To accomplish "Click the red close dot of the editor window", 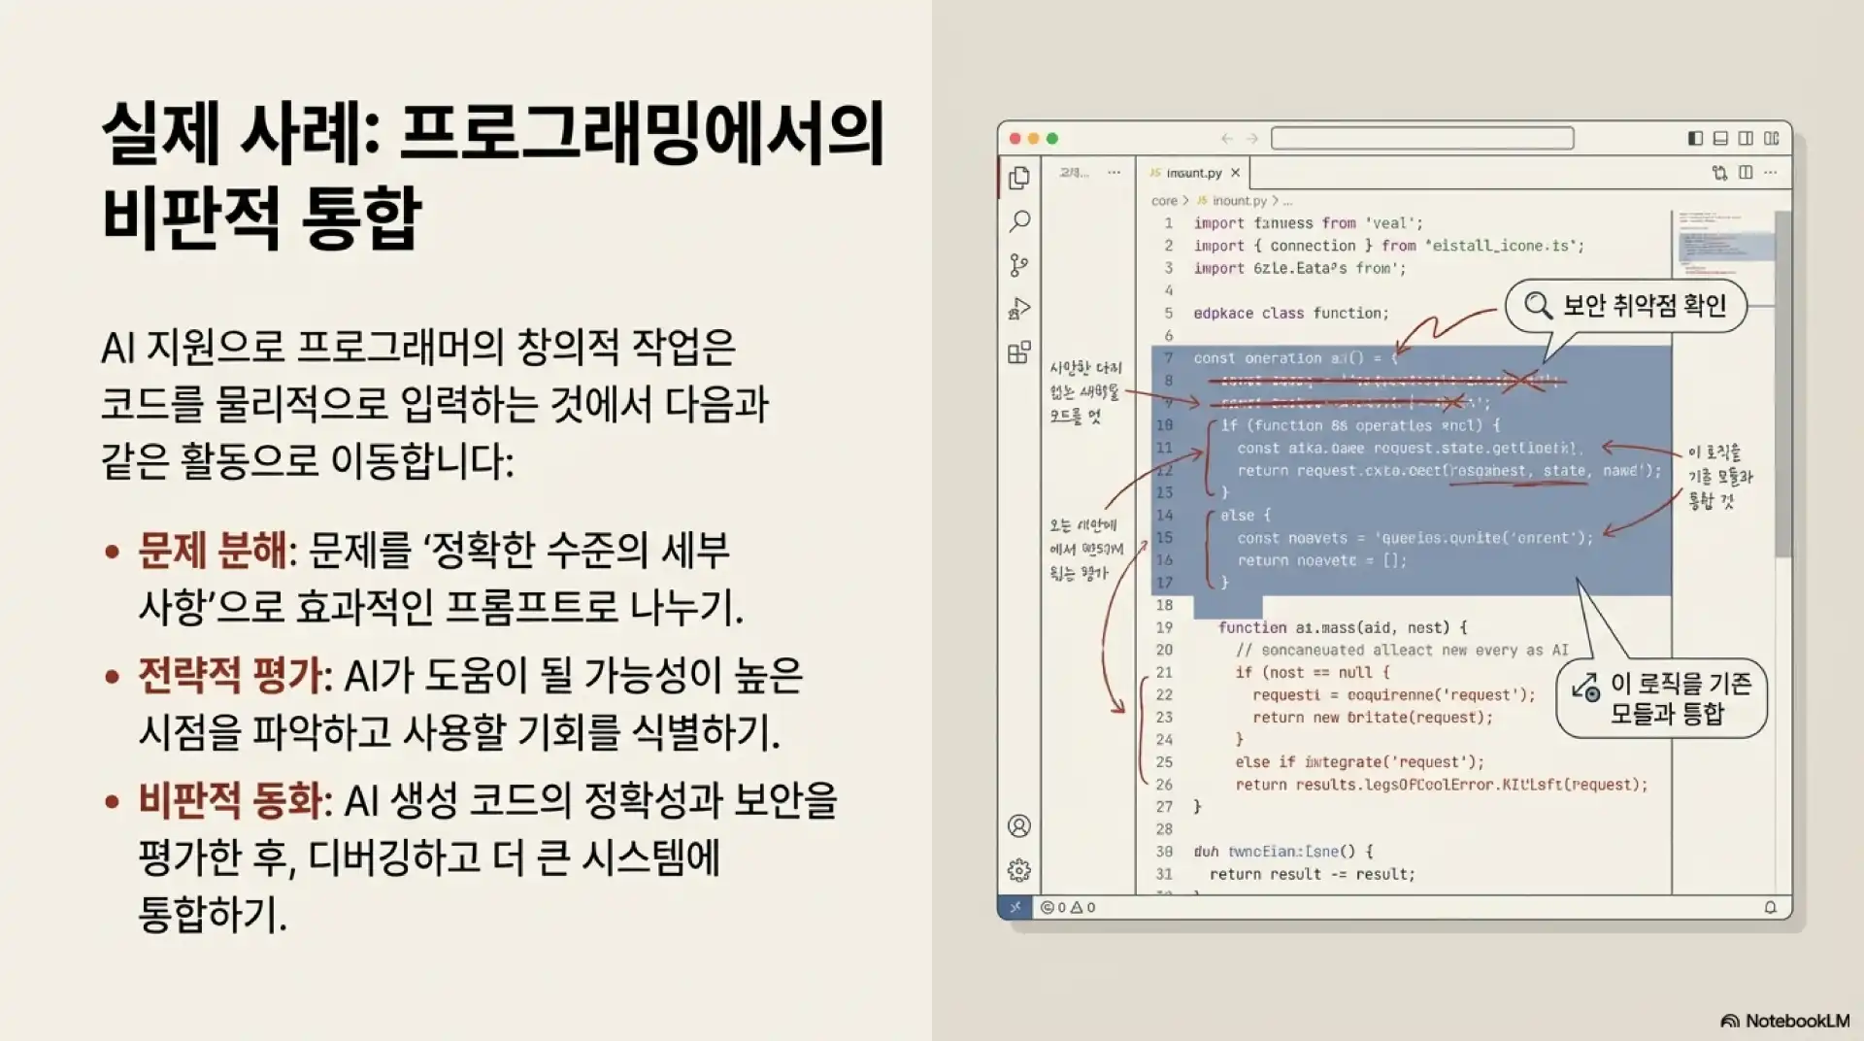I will pos(1015,139).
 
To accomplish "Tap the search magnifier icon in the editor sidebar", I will pos(1019,221).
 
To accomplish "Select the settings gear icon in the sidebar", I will pos(1019,870).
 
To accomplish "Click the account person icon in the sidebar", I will pos(1019,826).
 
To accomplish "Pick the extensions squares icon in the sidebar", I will pos(1019,353).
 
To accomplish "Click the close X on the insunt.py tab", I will pos(1235,173).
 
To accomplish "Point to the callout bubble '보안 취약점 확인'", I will pos(1626,306).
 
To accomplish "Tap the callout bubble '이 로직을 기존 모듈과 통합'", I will pos(1662,698).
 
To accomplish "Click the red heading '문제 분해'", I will pos(213,551).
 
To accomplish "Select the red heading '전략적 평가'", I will pos(230,676).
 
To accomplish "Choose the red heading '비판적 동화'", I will pos(230,801).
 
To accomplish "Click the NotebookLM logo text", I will pos(1796,1021).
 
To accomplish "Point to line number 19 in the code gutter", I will pos(1164,627).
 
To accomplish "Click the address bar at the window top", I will pos(1422,139).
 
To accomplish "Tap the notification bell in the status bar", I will pos(1770,907).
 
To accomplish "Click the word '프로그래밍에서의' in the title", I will pos(642,135).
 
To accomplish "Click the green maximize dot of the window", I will pos(1052,139).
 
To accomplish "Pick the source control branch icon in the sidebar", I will pos(1019,265).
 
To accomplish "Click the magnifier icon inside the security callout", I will pos(1538,306).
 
